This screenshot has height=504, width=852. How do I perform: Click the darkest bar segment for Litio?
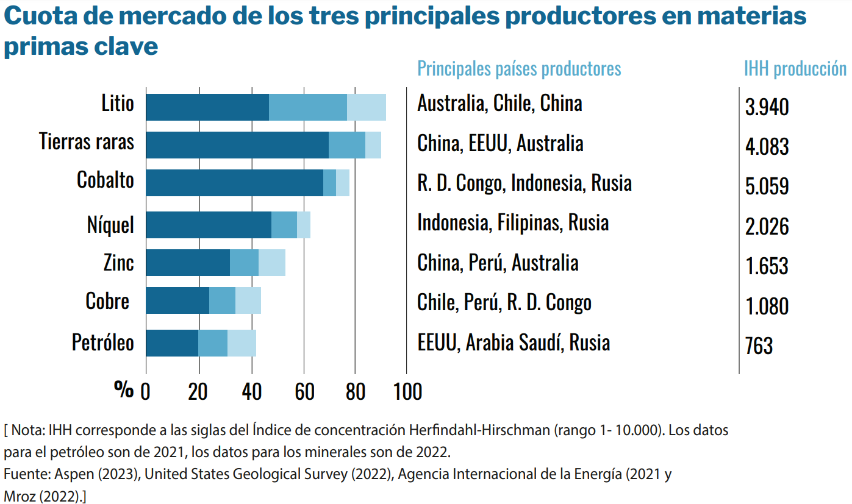pyautogui.click(x=207, y=107)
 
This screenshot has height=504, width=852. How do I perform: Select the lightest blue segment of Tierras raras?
pyautogui.click(x=373, y=145)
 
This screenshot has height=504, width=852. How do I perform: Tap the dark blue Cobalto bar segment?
pyautogui.click(x=234, y=183)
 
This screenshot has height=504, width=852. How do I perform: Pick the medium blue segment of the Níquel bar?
pyautogui.click(x=284, y=225)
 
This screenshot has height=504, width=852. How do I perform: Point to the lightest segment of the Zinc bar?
pyautogui.click(x=272, y=263)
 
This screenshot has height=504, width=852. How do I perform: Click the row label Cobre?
pyautogui.click(x=107, y=301)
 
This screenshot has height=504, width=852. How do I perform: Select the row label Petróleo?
pyautogui.click(x=102, y=342)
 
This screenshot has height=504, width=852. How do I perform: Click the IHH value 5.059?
pyautogui.click(x=767, y=186)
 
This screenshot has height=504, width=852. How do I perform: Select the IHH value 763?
pyautogui.click(x=759, y=346)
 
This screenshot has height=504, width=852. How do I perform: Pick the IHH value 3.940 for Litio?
pyautogui.click(x=767, y=107)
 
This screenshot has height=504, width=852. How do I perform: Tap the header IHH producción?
pyautogui.click(x=795, y=68)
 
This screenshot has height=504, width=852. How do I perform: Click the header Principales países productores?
pyautogui.click(x=519, y=68)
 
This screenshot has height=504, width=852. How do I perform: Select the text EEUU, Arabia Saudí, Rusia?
pyautogui.click(x=514, y=343)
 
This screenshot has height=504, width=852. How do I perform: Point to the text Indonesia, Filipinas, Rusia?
pyautogui.click(x=513, y=222)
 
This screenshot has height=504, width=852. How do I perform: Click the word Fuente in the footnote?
pyautogui.click(x=21, y=475)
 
